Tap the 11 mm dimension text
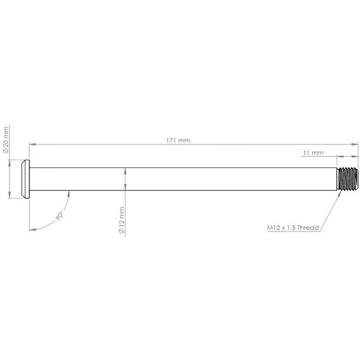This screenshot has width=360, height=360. [313, 153]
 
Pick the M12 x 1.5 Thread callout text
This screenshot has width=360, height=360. [292, 226]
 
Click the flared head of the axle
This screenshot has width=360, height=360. [24, 179]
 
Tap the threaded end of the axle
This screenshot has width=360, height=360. [348, 179]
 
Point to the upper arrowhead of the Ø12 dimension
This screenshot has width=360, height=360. [125, 171]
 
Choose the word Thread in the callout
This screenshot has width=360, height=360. [307, 226]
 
